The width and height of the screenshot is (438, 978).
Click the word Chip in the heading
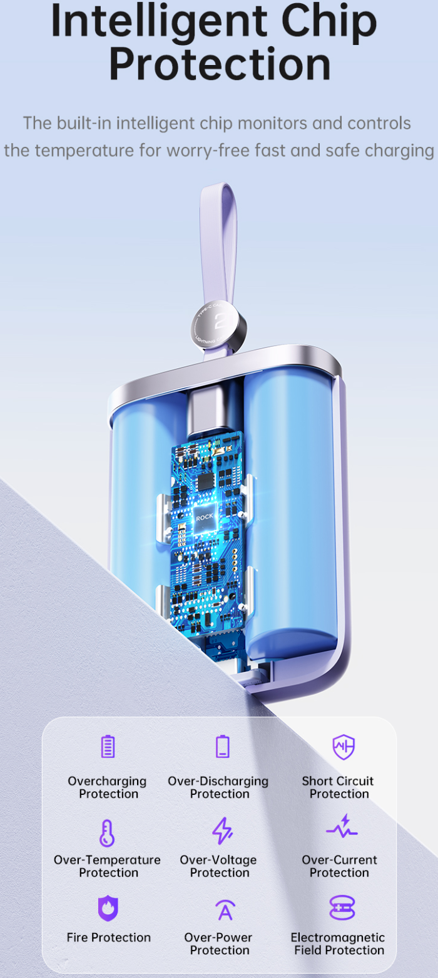coord(328,22)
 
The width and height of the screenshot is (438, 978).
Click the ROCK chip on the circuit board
coord(204,517)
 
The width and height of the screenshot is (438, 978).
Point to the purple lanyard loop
coord(219,244)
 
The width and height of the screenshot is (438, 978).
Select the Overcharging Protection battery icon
coord(108,746)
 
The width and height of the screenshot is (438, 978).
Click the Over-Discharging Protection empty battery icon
coord(223,746)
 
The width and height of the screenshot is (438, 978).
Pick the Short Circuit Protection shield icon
coord(344,747)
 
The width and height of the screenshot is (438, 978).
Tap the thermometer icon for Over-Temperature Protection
coord(107,832)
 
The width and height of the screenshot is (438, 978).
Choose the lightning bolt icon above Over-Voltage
coord(223,831)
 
